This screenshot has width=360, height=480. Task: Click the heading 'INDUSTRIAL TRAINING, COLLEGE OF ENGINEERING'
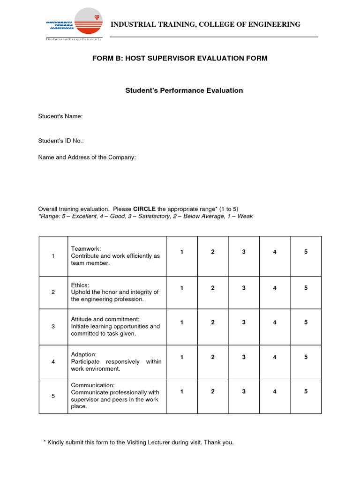[x=205, y=24]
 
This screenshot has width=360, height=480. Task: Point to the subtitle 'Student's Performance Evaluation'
[x=184, y=90]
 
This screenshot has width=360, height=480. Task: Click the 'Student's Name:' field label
[x=60, y=116]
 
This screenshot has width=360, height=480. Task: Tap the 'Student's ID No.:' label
[x=61, y=141]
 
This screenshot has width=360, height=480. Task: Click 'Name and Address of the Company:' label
[x=87, y=157]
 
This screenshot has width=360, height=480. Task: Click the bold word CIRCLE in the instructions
[x=144, y=209]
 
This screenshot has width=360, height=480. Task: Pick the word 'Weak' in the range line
[x=245, y=216]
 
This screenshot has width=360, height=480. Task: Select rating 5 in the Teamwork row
[x=306, y=252]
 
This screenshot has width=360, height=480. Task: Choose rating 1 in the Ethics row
[x=182, y=288]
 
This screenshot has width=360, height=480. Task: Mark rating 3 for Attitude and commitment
[x=244, y=322]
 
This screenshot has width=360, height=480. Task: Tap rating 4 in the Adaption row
[x=275, y=357]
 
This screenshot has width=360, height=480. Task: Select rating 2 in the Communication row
[x=213, y=391]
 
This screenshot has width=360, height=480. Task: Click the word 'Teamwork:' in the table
[x=86, y=248]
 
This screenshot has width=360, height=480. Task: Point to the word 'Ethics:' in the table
[x=80, y=285]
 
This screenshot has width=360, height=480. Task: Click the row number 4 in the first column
[x=53, y=362]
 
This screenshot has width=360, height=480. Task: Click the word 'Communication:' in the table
[x=92, y=385]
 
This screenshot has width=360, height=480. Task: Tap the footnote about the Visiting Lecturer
[x=138, y=442]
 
